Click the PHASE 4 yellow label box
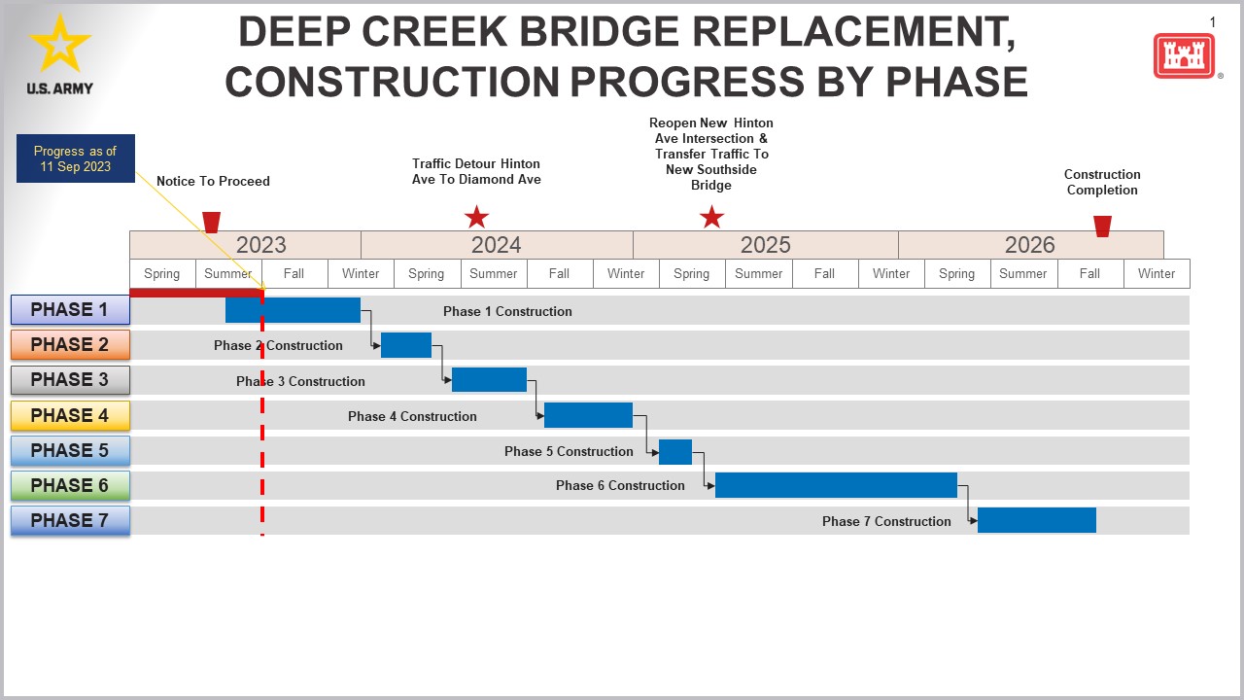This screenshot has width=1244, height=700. (70, 415)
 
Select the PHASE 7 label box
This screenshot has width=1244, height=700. (70, 520)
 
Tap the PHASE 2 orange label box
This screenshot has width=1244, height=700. (70, 345)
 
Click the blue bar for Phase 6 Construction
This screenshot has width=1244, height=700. (836, 485)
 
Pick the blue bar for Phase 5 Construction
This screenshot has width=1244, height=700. (675, 451)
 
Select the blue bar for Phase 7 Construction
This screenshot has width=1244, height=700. (1036, 520)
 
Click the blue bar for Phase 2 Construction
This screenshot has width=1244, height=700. (406, 345)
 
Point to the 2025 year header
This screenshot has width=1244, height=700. (765, 245)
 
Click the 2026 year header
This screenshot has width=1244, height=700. (1030, 245)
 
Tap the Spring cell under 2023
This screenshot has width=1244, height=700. (162, 273)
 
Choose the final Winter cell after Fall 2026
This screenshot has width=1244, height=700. (1157, 273)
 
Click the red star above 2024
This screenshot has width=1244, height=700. (476, 217)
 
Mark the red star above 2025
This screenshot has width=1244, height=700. (712, 217)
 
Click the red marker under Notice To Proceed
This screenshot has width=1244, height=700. (211, 222)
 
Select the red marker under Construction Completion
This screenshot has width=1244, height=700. (1102, 226)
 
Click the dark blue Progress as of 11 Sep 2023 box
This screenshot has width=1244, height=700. (76, 158)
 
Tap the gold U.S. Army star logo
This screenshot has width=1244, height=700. (60, 44)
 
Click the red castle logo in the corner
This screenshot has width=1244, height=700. (1185, 55)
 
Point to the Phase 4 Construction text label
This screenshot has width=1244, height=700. (412, 416)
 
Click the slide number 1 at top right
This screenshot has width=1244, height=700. (1213, 22)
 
